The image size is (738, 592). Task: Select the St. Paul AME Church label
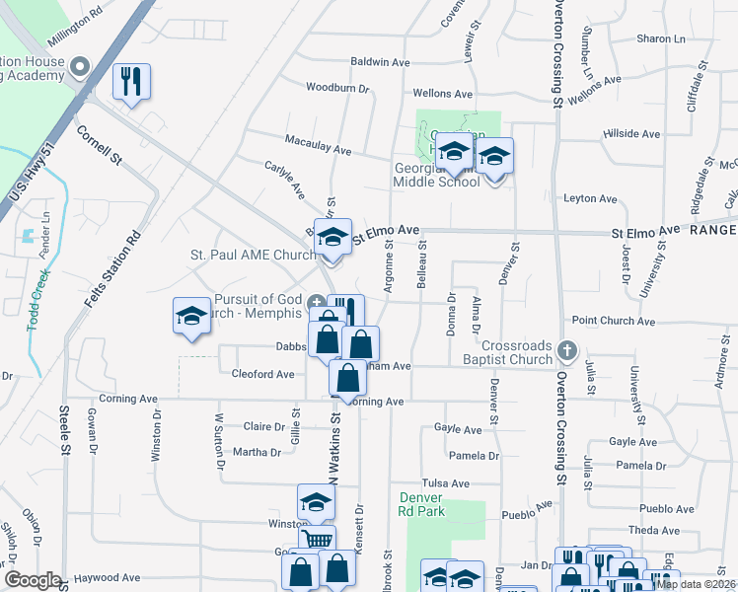tap(253, 255)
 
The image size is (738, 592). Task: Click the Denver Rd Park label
tap(422, 504)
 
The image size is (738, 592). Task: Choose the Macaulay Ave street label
tap(318, 150)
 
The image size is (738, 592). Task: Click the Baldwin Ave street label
tap(380, 62)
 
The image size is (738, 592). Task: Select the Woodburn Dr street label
tap(336, 88)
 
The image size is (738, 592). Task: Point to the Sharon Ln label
tap(660, 38)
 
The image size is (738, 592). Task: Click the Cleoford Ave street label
tap(262, 375)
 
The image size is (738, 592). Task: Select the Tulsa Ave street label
tap(446, 483)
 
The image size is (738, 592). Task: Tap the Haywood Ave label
tap(101, 578)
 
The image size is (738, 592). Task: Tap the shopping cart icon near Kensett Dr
tap(317, 540)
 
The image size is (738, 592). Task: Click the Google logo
tap(33, 580)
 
